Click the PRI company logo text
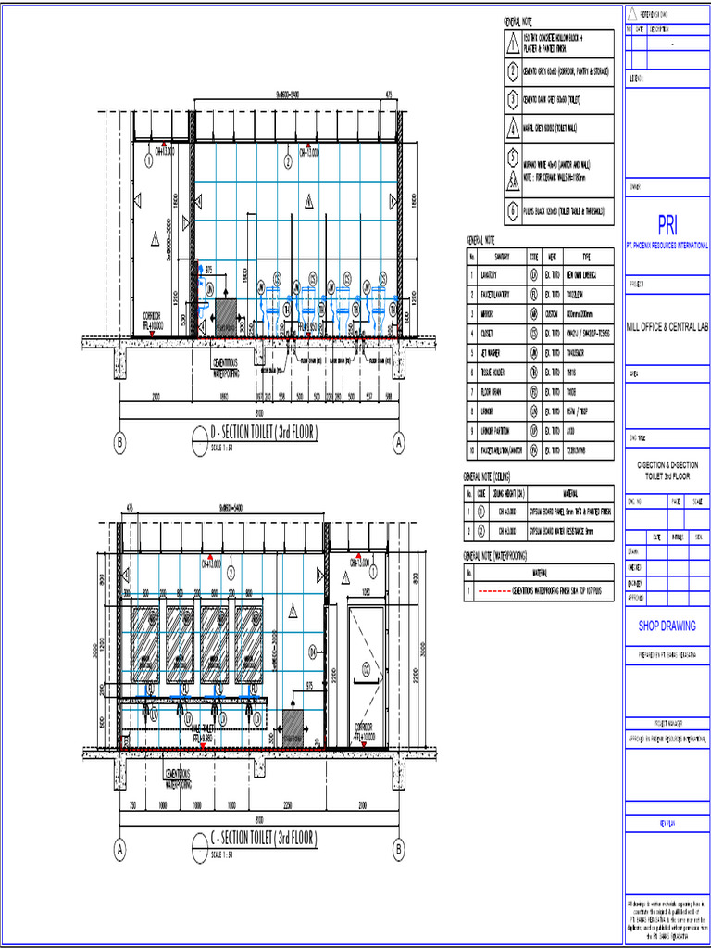[x=667, y=225]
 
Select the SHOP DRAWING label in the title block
[x=667, y=626]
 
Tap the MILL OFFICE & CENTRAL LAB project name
[x=667, y=326]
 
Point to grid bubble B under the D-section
[x=119, y=443]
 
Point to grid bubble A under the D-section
[x=399, y=443]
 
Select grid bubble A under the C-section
[x=119, y=847]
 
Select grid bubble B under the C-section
[x=399, y=847]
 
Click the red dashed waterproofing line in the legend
[x=506, y=589]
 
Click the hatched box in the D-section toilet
[x=225, y=318]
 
